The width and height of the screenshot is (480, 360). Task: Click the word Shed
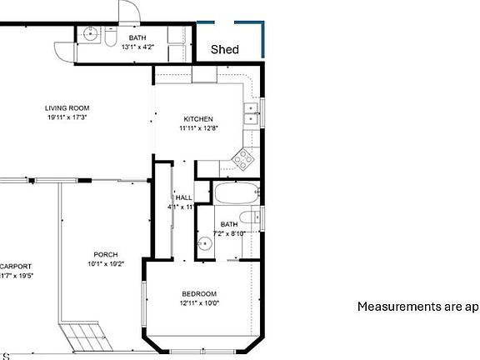[224, 50]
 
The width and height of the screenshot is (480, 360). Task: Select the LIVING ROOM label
[67, 107]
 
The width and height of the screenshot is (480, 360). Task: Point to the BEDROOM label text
[200, 293]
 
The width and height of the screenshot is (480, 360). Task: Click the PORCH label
[105, 254]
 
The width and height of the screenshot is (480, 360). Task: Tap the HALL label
[183, 197]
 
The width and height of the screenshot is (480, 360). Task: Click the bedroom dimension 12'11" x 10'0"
[200, 303]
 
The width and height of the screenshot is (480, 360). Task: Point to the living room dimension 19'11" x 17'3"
[67, 117]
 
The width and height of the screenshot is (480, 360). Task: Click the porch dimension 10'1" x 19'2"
[105, 264]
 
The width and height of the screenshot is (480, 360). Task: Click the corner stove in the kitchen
[245, 157]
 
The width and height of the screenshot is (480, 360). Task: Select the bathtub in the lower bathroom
[237, 194]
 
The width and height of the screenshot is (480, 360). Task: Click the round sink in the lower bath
[205, 243]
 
